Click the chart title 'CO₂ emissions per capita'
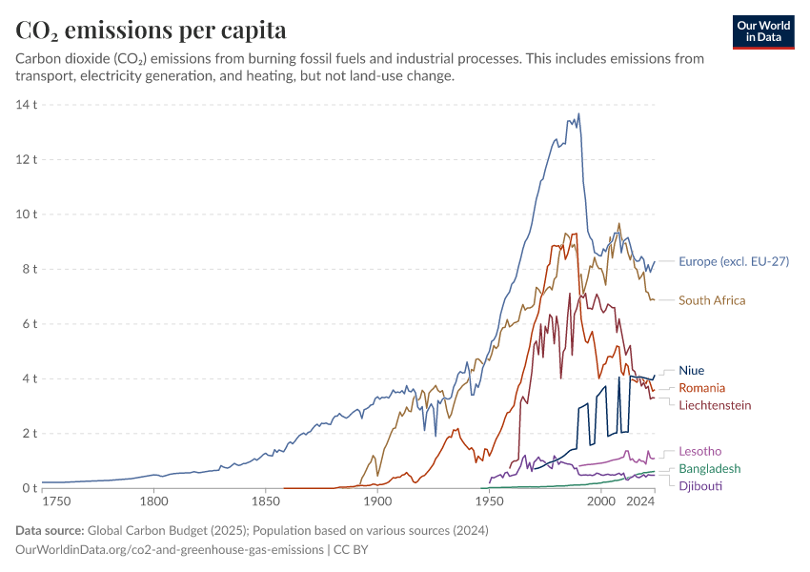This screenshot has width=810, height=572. click(x=151, y=31)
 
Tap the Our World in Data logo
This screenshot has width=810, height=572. click(x=763, y=31)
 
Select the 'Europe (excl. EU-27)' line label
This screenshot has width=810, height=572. click(x=734, y=261)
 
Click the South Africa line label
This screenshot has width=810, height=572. click(x=725, y=300)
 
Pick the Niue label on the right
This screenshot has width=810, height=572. click(x=692, y=370)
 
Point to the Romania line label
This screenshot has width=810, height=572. click(x=701, y=388)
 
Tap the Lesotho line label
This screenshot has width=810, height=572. click(x=700, y=451)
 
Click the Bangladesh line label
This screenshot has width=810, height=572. click(x=710, y=469)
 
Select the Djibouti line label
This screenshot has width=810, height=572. click(x=699, y=486)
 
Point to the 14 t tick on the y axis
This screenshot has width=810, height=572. click(x=26, y=104)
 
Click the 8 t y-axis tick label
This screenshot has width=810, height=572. click(x=29, y=269)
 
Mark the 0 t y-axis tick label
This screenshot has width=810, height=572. click(x=29, y=488)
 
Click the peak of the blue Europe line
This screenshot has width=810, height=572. click(x=578, y=114)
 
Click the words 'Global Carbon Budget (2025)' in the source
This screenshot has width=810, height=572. click(x=162, y=530)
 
